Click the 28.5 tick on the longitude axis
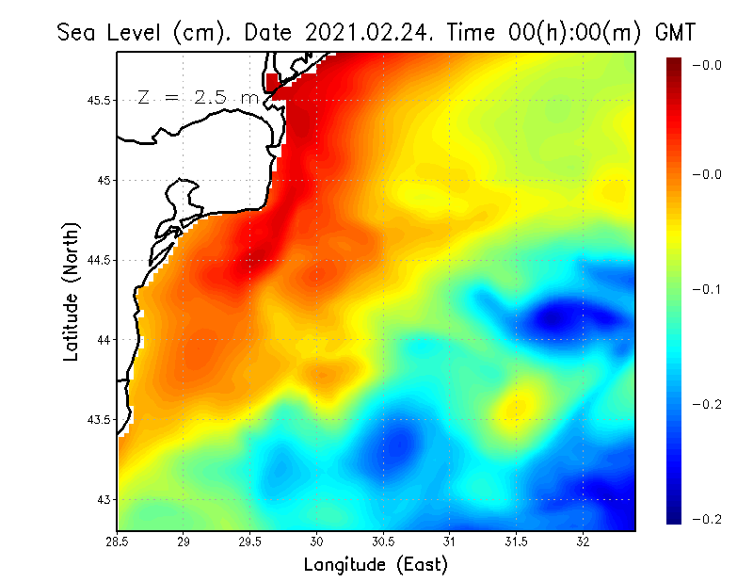coord(117,541)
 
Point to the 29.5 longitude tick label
coord(250,541)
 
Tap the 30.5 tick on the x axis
coord(383,541)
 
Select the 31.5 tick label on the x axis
coord(516,541)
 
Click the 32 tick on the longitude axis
coord(583,541)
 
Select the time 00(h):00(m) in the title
coord(569,32)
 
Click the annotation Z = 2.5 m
coord(198,97)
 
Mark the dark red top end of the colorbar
coord(674,62)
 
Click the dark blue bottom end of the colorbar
coord(674,517)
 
